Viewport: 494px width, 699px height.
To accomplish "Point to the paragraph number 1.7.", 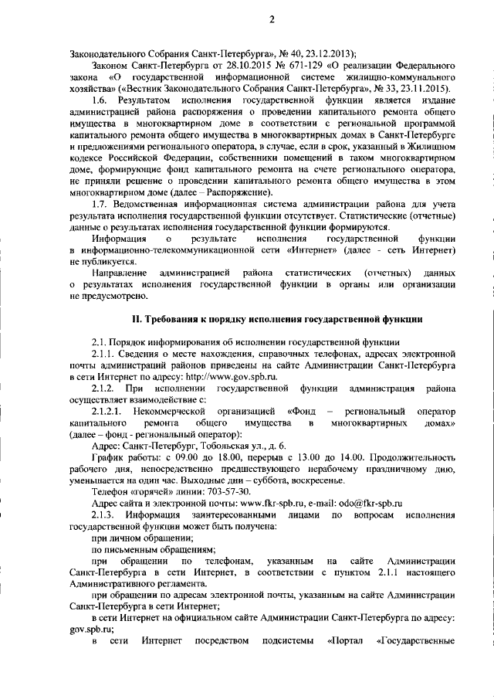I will pos(100,203).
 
